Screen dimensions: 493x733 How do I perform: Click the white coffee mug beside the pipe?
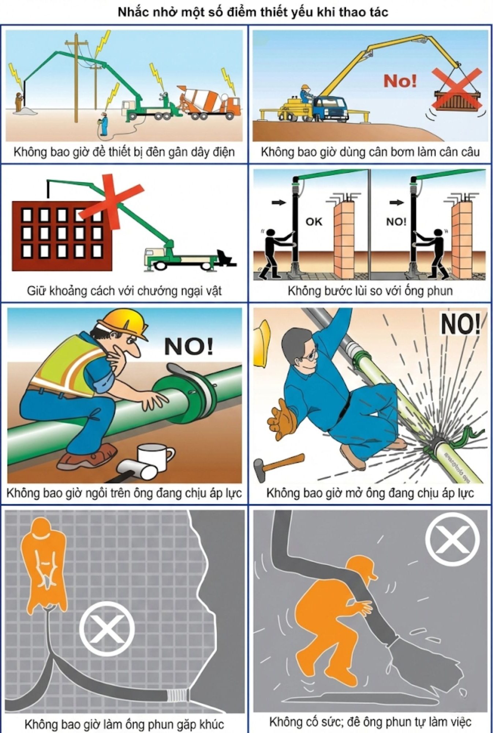tap(155, 457)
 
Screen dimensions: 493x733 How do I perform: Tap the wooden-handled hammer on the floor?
tap(279, 465)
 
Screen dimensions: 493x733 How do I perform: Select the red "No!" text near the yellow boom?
tap(400, 81)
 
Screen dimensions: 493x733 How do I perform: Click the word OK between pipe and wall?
tap(314, 221)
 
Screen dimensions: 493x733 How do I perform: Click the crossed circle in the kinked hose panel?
tap(107, 629)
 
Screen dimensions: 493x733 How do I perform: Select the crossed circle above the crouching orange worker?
tap(452, 538)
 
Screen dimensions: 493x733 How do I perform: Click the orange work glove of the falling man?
tap(282, 420)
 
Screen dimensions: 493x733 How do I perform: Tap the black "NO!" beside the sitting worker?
tap(188, 346)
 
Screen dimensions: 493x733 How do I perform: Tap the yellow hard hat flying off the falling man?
tap(261, 343)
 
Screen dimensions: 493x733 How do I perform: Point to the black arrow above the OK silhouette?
tap(279, 202)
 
